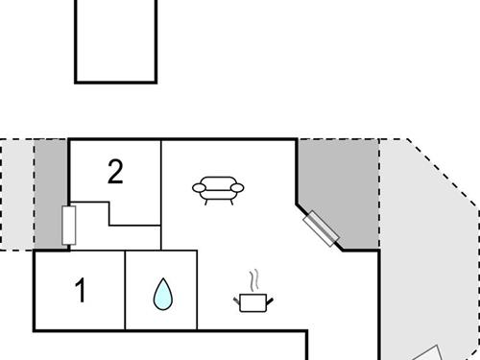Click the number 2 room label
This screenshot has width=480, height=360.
tap(115, 172)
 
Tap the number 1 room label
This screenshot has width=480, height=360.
tap(81, 290)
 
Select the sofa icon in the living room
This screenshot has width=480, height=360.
tap(218, 189)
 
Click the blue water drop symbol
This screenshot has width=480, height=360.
tap(161, 295)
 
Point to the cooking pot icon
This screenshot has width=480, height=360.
tap(253, 301)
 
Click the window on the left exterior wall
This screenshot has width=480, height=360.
tap(68, 225)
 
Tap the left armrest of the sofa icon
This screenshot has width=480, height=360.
tap(198, 187)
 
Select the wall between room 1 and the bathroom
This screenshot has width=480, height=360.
tap(126, 288)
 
